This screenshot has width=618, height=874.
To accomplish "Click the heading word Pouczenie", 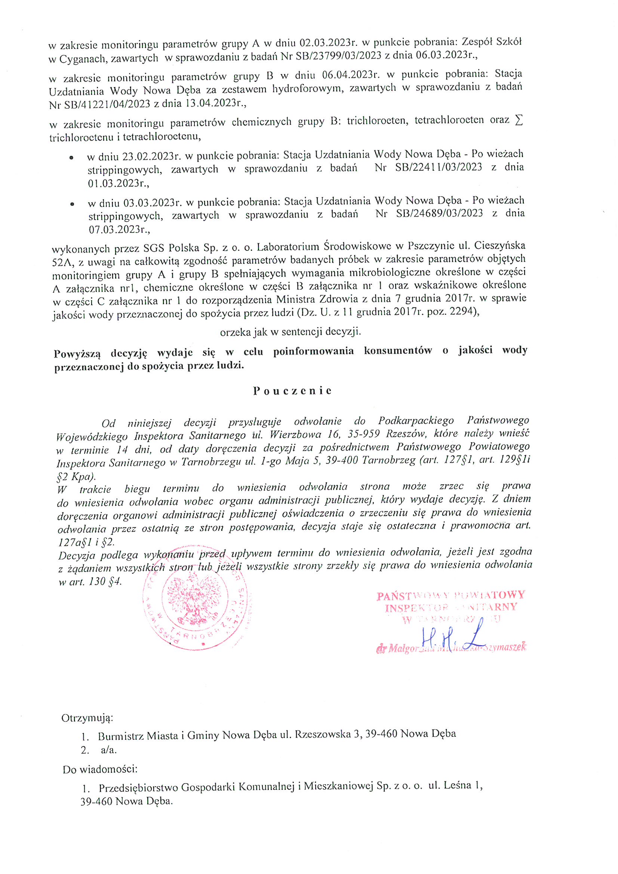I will click(x=292, y=391).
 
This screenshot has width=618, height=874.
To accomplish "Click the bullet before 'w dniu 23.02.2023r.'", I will click(x=71, y=157).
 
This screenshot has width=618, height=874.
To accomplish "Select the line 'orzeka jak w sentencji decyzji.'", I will click(x=290, y=332).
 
